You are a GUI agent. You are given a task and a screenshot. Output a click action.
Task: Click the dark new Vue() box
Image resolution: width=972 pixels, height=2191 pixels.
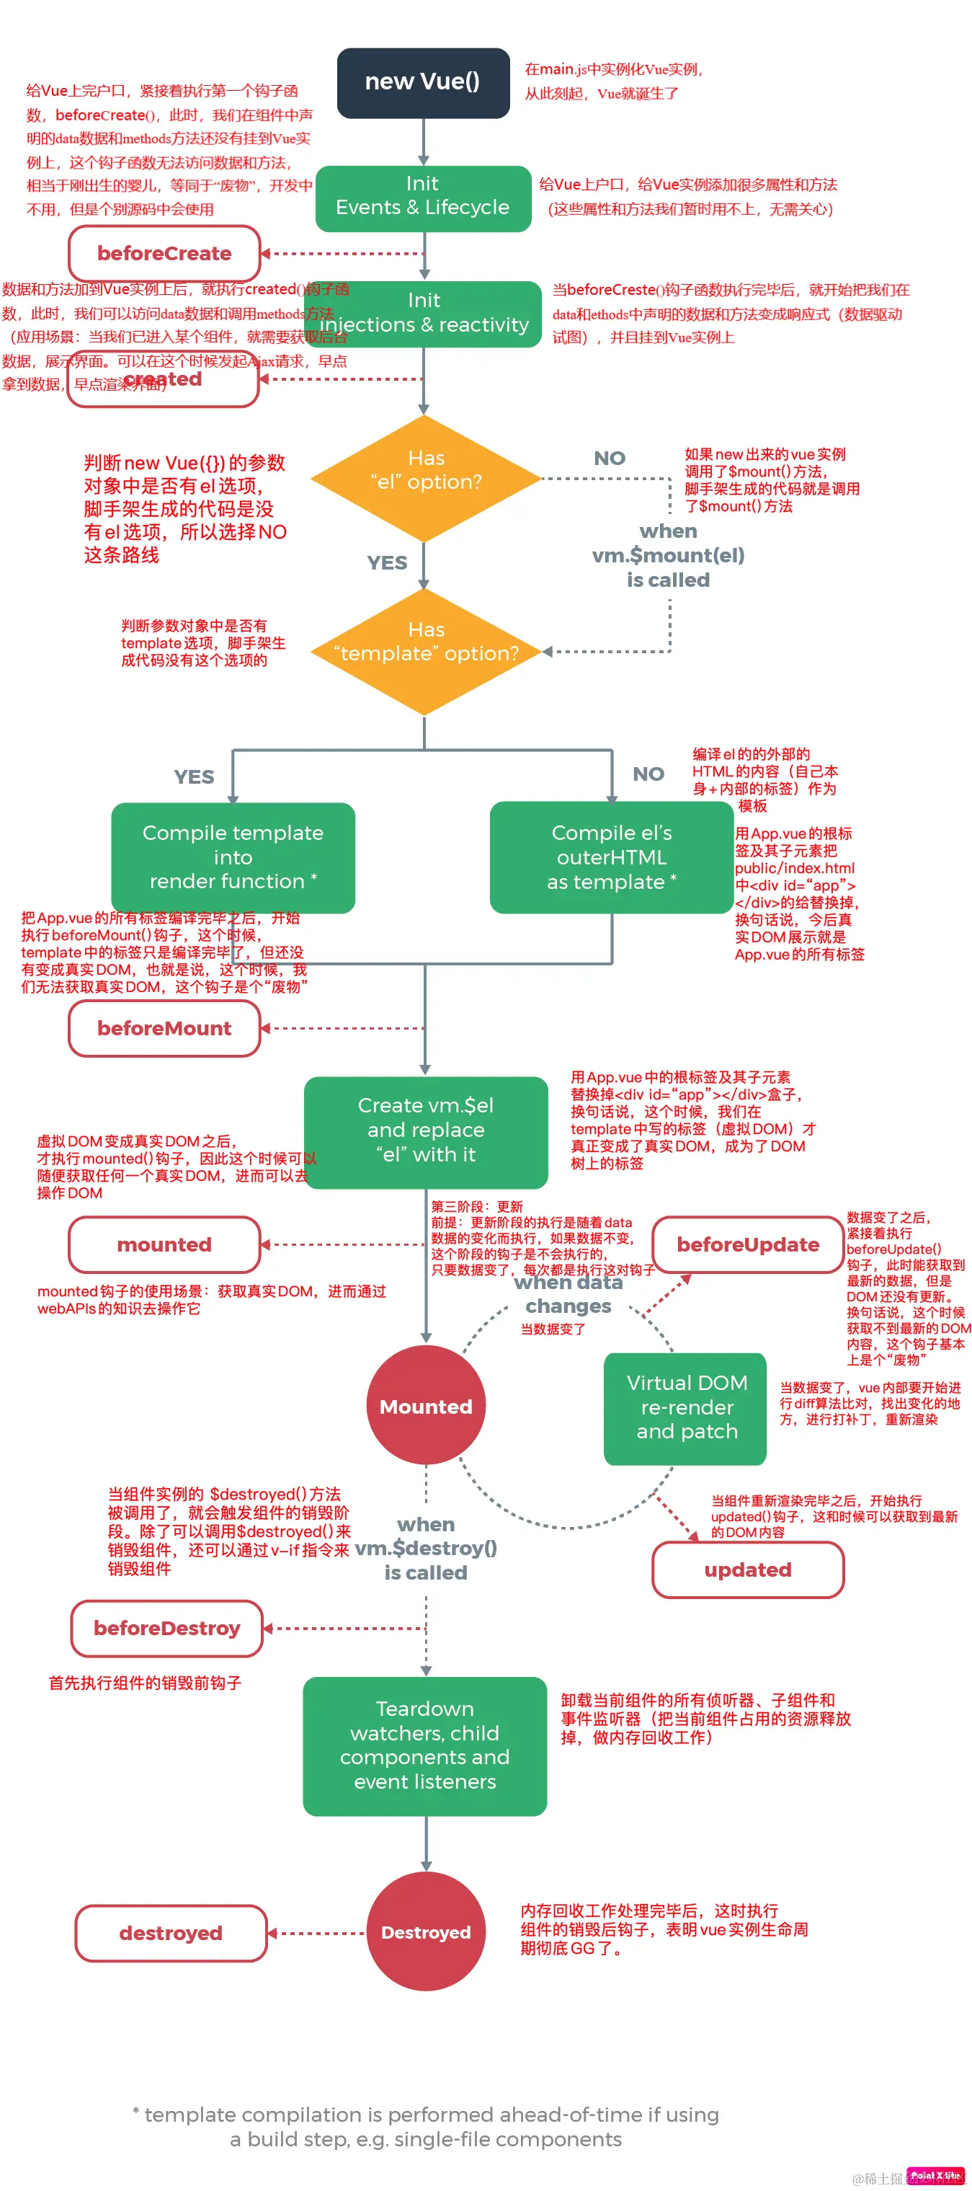(423, 82)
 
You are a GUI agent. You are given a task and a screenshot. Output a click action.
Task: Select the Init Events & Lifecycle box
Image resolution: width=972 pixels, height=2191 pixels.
(423, 197)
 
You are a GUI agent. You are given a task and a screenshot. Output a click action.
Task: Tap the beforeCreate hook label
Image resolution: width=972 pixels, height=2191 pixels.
(164, 254)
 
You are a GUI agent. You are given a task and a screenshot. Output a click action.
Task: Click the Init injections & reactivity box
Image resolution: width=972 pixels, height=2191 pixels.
(424, 313)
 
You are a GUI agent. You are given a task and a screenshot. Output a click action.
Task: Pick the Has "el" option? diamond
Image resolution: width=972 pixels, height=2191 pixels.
(425, 477)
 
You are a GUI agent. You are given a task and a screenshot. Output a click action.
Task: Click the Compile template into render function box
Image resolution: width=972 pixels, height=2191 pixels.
(233, 857)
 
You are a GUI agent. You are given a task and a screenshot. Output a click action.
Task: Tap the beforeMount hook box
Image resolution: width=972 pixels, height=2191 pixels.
(164, 1027)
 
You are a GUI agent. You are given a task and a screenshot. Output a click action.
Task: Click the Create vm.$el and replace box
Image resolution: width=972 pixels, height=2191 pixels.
(425, 1130)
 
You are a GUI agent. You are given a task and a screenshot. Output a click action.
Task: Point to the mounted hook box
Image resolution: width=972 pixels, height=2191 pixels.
(164, 1244)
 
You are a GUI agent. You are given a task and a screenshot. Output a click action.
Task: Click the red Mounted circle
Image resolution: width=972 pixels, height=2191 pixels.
(425, 1405)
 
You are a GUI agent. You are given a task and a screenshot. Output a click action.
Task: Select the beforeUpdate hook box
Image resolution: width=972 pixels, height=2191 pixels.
(747, 1244)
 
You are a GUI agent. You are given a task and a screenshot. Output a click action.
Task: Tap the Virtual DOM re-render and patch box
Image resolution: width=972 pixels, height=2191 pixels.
(685, 1407)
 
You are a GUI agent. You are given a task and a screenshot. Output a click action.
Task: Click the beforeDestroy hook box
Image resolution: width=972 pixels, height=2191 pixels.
(166, 1627)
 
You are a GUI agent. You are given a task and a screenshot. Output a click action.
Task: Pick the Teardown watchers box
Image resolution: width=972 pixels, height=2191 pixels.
(424, 1745)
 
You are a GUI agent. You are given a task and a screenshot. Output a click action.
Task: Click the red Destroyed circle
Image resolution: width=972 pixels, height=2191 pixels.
(425, 1931)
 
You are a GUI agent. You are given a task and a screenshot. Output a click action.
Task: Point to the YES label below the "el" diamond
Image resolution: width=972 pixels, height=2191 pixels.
(387, 562)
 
